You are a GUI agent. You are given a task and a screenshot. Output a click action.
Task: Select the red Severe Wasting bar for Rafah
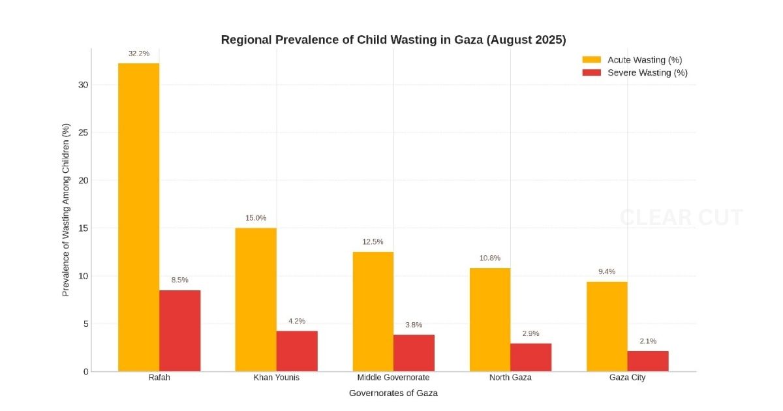[x=179, y=331]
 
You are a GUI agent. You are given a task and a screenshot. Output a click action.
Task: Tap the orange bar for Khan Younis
[x=256, y=299]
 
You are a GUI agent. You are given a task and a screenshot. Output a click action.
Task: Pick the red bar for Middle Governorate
[x=414, y=353]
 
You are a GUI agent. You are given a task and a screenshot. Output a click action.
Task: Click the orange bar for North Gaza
[x=490, y=320]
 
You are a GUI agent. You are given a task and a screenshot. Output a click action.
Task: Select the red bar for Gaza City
[x=648, y=361]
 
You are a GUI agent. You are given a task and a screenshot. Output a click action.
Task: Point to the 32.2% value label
[x=138, y=53]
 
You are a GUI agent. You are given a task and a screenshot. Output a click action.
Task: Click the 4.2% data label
[x=297, y=321]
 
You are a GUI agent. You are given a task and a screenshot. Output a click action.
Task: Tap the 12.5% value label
[x=373, y=242]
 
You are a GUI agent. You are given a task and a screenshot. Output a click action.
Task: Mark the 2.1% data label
[x=648, y=341]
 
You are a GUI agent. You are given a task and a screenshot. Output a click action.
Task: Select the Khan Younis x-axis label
[x=277, y=378]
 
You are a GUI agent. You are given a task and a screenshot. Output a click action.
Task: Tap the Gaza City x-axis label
[x=627, y=378]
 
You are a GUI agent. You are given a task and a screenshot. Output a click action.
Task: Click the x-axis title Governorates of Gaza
[x=393, y=393]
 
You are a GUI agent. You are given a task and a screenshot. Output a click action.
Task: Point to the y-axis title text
[x=66, y=209]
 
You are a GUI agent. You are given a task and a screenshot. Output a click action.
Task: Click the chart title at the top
[x=393, y=40]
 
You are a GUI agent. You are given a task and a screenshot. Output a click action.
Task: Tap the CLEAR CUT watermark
[x=681, y=217]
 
